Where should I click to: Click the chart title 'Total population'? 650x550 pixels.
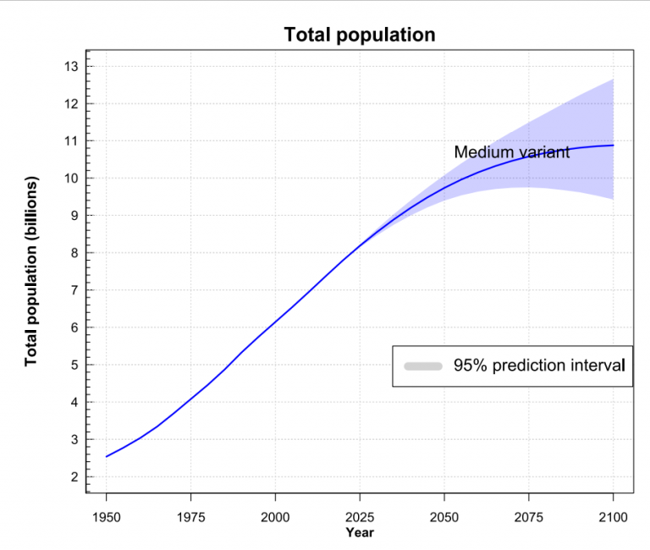tap(360, 35)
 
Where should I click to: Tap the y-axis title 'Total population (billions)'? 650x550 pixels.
tap(31, 272)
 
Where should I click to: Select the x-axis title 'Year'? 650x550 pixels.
tap(360, 532)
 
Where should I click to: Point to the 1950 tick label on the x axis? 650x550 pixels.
tap(107, 516)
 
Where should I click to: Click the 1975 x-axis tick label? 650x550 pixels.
tap(191, 516)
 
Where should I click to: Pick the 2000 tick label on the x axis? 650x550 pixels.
tap(275, 516)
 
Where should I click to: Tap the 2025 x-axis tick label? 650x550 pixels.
tap(360, 516)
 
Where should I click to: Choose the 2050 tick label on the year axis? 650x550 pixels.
tap(444, 516)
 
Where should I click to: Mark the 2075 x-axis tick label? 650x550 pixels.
tap(528, 516)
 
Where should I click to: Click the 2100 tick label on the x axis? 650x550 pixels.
tap(613, 516)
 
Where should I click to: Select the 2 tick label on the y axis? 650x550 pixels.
tap(74, 477)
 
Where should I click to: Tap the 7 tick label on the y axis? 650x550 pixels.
tap(74, 290)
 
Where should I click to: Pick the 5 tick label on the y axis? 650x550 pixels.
tap(74, 366)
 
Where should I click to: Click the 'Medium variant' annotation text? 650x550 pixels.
tap(511, 152)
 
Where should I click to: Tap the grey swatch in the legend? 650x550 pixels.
tap(423, 366)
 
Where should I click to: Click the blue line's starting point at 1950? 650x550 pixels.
tap(107, 457)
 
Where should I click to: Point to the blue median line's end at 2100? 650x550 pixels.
tap(613, 146)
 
